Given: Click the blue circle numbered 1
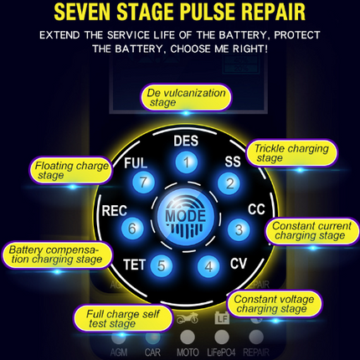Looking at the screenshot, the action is (187, 162).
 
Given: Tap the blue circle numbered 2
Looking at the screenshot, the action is (229, 183).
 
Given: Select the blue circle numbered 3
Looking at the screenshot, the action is (239, 229).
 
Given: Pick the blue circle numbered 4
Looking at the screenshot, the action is (208, 266).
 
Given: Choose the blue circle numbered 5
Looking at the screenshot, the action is (162, 265).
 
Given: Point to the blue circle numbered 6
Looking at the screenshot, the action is (132, 229).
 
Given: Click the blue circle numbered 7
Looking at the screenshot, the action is (143, 183).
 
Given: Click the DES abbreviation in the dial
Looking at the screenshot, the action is (186, 141).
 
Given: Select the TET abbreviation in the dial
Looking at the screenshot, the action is (134, 265).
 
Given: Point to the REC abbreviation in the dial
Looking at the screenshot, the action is (115, 211).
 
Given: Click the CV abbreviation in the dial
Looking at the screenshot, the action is (239, 264).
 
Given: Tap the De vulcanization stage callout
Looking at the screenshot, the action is (186, 97).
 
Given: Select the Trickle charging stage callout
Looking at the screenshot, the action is (291, 152).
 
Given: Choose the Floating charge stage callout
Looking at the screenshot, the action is (71, 170).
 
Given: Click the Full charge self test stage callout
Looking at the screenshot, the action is (123, 319).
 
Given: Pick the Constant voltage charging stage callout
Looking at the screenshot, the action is (274, 304).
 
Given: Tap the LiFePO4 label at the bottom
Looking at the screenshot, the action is (221, 352).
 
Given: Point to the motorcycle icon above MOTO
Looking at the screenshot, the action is (188, 318).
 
